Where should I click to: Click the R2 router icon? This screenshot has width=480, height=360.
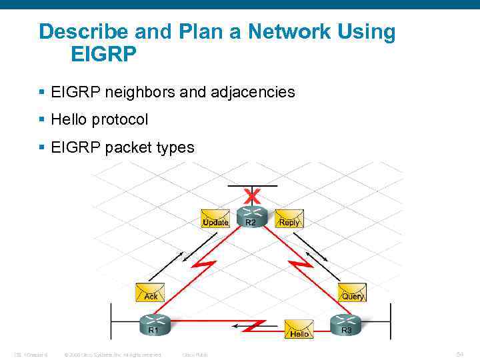[x=251, y=215]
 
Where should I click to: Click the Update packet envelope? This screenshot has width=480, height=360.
[x=215, y=219]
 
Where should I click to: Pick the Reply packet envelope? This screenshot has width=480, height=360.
[x=289, y=219]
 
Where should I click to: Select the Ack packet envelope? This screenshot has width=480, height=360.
[x=150, y=293]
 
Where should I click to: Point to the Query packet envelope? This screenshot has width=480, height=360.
[x=352, y=293]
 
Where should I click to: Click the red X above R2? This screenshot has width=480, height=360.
[x=251, y=196]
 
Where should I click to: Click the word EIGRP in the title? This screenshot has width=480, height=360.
[x=103, y=54]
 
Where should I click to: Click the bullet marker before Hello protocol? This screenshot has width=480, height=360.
[x=42, y=120]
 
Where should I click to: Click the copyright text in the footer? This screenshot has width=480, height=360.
[x=113, y=354]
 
